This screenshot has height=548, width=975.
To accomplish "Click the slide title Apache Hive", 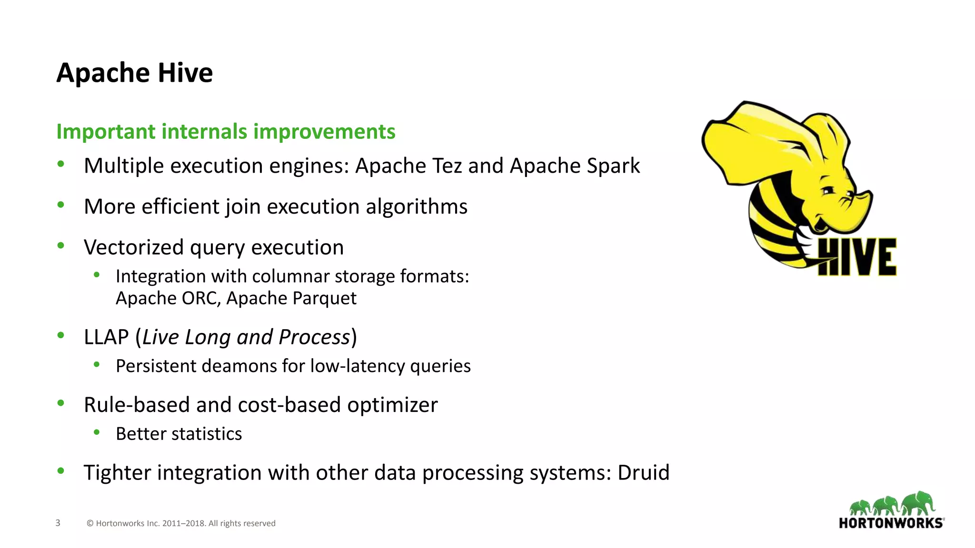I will click(x=135, y=73).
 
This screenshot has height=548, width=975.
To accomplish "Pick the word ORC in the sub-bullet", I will click(x=199, y=298).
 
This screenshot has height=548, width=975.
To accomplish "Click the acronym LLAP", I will click(x=106, y=337).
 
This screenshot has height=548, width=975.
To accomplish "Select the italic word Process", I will click(x=314, y=337).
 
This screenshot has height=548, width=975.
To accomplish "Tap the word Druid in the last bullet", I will click(x=643, y=473).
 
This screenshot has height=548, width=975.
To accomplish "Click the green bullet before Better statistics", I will click(x=97, y=432).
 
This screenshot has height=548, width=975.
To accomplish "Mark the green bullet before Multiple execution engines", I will click(x=60, y=164).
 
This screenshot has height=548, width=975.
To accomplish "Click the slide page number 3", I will click(x=58, y=523).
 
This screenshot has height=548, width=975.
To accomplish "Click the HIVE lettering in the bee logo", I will click(x=857, y=257).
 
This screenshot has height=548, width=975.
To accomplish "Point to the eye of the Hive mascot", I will click(x=829, y=191).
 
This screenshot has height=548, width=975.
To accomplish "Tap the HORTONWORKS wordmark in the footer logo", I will click(x=890, y=523).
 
